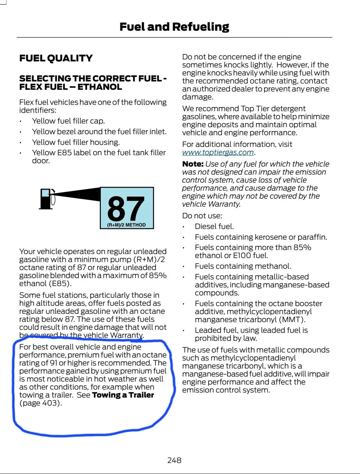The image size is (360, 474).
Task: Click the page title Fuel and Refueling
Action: pos(174,27)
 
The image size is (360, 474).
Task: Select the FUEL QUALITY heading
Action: pos(56,58)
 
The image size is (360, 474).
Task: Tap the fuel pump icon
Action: pos(46,199)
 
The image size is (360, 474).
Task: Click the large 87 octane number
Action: pos(126,208)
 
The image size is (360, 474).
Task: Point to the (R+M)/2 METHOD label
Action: pos(126,225)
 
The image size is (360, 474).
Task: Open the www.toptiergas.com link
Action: pos(218,153)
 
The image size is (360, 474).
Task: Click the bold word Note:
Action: pos(193,164)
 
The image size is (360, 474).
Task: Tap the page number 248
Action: pos(174,460)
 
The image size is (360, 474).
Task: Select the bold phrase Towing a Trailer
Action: pos(123,395)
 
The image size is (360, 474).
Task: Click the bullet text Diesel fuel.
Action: pos(214,226)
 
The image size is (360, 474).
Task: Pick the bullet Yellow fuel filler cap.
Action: pos(68,121)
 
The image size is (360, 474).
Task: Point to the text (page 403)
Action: pos(40,403)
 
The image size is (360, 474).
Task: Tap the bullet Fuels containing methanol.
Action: pos(243,266)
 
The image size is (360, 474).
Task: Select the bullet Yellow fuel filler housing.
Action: pos(75,142)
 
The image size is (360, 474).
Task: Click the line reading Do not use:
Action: pos(202,216)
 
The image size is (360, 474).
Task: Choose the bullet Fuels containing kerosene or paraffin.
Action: pos(261,237)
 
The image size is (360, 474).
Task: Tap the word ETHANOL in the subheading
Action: pos(100,87)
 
